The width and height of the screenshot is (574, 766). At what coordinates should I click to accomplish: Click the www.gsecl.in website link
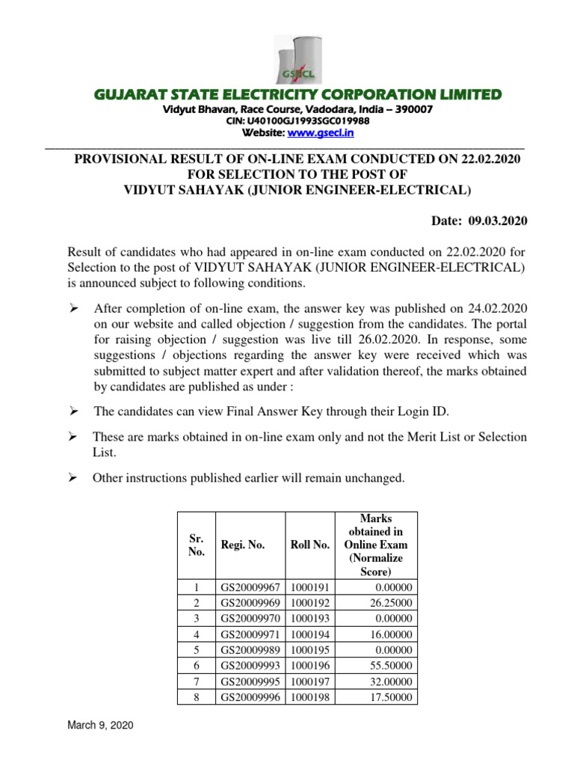327,132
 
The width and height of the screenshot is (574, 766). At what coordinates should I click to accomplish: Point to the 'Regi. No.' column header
243,545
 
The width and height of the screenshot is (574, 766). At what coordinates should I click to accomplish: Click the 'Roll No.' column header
309,545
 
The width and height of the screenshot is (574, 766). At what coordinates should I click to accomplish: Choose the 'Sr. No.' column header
196,545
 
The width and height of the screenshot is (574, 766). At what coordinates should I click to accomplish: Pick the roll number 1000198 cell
309,696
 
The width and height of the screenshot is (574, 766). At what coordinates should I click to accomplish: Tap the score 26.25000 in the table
389,603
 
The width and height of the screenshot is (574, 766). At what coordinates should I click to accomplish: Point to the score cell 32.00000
389,681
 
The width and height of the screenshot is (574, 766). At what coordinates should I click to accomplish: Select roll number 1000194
309,634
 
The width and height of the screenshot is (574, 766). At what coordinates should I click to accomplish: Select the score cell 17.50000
389,696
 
